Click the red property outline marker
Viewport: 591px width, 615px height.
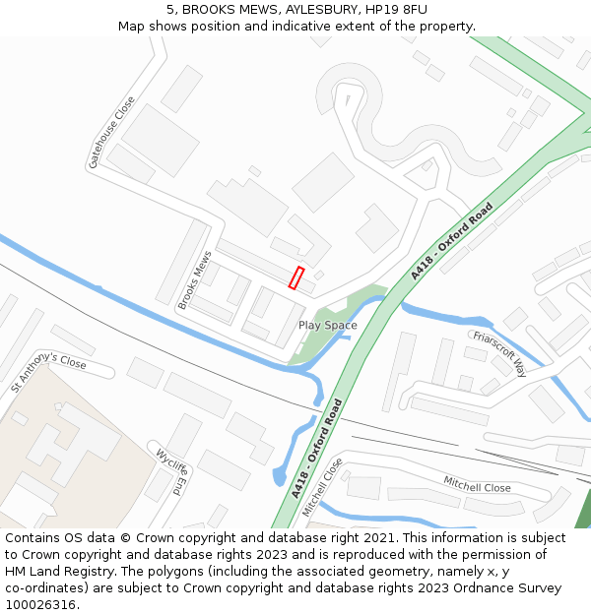pyautogui.click(x=296, y=277)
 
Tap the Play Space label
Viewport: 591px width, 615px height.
pyautogui.click(x=328, y=325)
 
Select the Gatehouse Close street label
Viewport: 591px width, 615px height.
pyautogui.click(x=111, y=133)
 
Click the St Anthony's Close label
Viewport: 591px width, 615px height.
pyautogui.click(x=48, y=373)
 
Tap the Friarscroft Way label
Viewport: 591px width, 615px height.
pyautogui.click(x=499, y=352)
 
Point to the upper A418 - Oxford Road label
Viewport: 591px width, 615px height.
pyautogui.click(x=451, y=242)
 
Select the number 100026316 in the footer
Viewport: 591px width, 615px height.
pyautogui.click(x=41, y=604)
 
